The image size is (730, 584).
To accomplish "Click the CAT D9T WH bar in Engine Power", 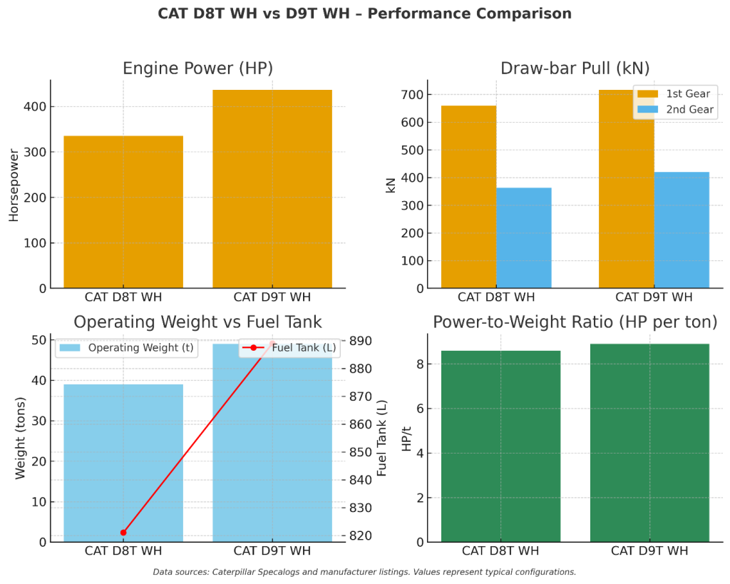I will pos(272,189).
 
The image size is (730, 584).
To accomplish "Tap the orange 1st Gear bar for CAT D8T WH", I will pos(468,197).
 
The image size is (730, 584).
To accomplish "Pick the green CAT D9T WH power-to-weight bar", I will pos(649,443).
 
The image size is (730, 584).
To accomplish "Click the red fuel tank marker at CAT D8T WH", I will pos(123,533).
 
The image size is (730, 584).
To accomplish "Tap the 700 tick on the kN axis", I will pos(413,95).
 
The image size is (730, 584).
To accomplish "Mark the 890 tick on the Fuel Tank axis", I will pos(361,341).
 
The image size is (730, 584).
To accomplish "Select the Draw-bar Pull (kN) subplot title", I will pos(575,68).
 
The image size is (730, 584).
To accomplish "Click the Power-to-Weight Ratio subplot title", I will pos(575,322).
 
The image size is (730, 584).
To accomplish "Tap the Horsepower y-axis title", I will pos(14,185).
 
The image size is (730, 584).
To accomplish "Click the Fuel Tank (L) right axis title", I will pos(382,438).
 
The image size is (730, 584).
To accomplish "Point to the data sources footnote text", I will pos(364,572).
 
